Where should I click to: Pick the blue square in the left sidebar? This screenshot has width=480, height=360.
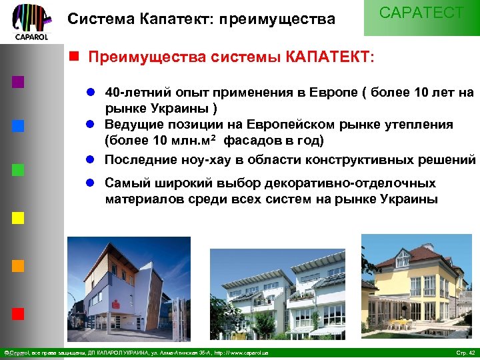[x=19, y=125]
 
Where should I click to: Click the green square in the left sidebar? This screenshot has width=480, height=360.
[x=19, y=169]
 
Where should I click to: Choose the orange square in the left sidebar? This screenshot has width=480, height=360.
[x=19, y=265]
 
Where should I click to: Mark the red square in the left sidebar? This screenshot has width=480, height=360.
[x=19, y=312]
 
